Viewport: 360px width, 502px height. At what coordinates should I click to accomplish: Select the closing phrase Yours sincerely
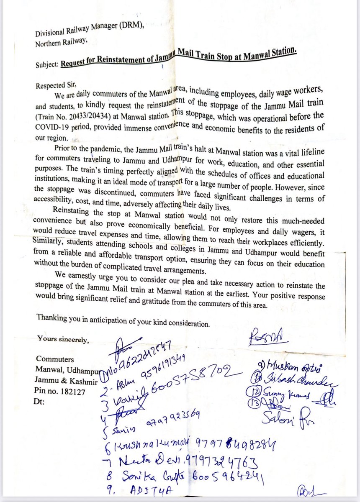63,339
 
